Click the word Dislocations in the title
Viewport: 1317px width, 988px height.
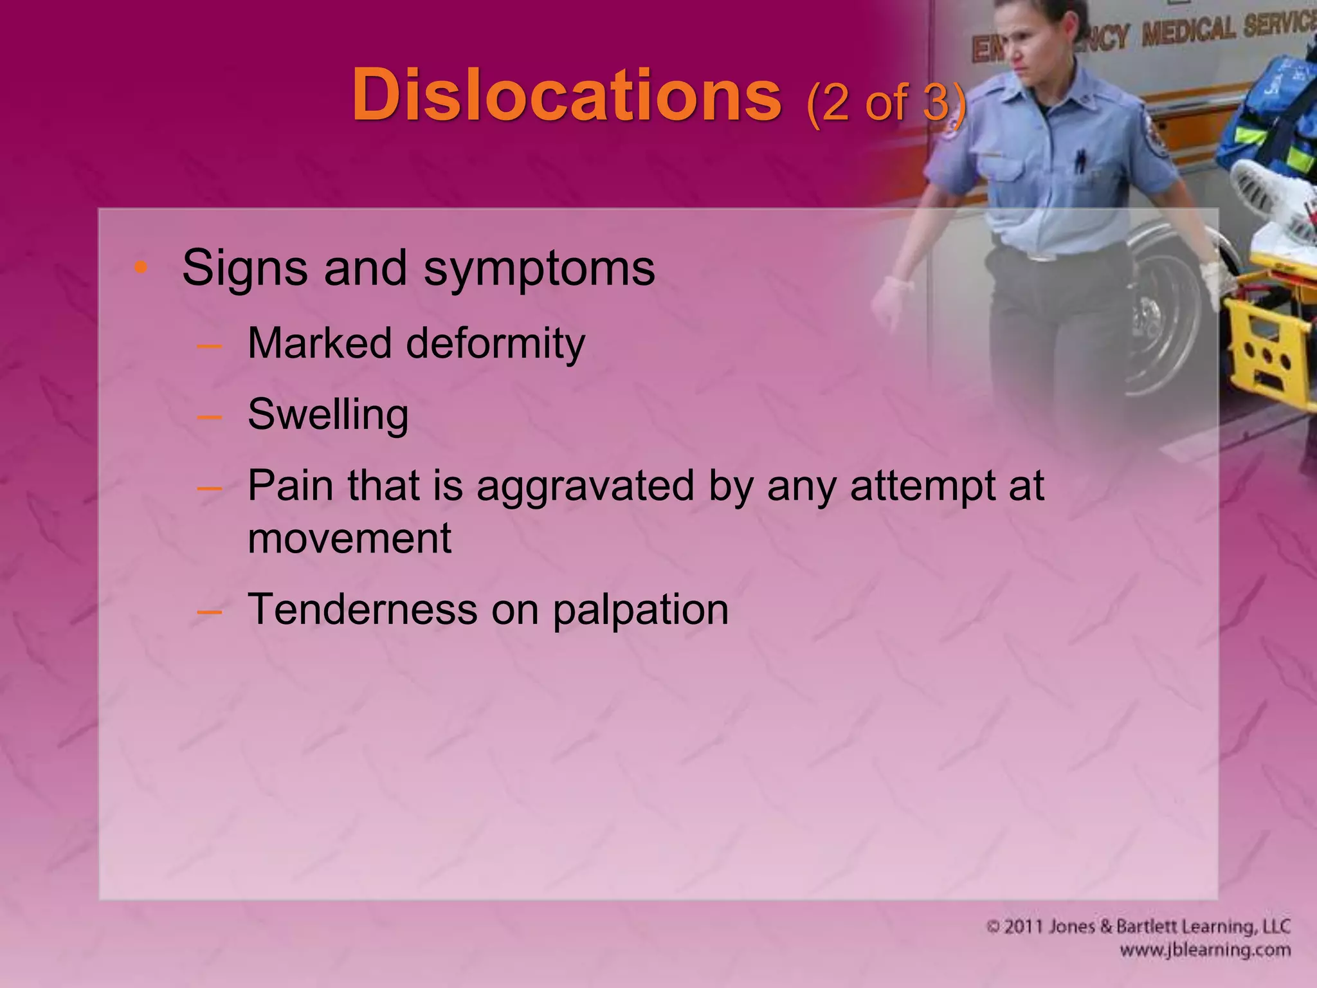(567, 96)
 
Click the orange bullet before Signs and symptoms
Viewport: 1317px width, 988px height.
(141, 267)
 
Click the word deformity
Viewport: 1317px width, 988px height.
(495, 345)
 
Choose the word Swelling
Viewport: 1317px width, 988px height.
(328, 415)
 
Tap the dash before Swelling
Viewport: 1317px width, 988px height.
(210, 417)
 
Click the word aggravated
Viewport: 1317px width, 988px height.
(585, 486)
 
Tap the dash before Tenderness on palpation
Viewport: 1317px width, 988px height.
(210, 611)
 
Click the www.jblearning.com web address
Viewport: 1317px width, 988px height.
(1204, 950)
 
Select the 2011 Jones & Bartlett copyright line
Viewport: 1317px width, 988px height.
(1138, 926)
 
